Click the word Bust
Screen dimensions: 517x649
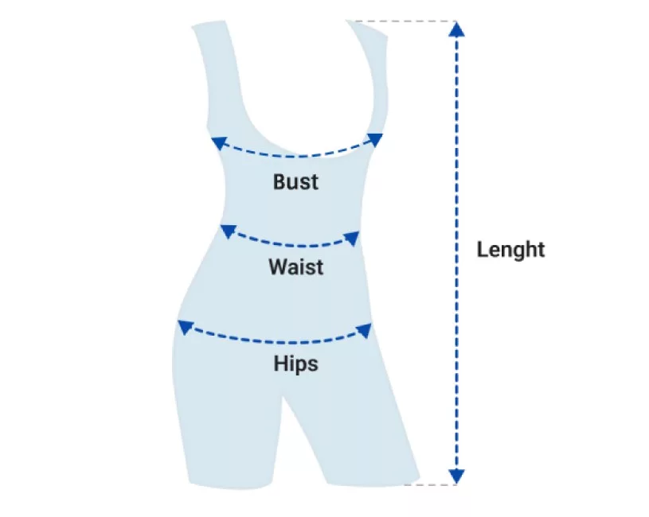point(295,181)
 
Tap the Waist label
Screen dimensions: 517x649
point(295,266)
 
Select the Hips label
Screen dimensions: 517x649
point(295,364)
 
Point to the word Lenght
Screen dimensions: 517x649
point(510,250)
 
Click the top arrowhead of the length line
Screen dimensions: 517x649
point(455,29)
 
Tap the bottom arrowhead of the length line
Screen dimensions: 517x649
point(455,476)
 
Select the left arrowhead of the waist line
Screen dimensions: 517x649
point(228,231)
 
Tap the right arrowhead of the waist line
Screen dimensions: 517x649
point(350,237)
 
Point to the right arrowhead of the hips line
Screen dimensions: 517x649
point(366,328)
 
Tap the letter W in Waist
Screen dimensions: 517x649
point(276,266)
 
